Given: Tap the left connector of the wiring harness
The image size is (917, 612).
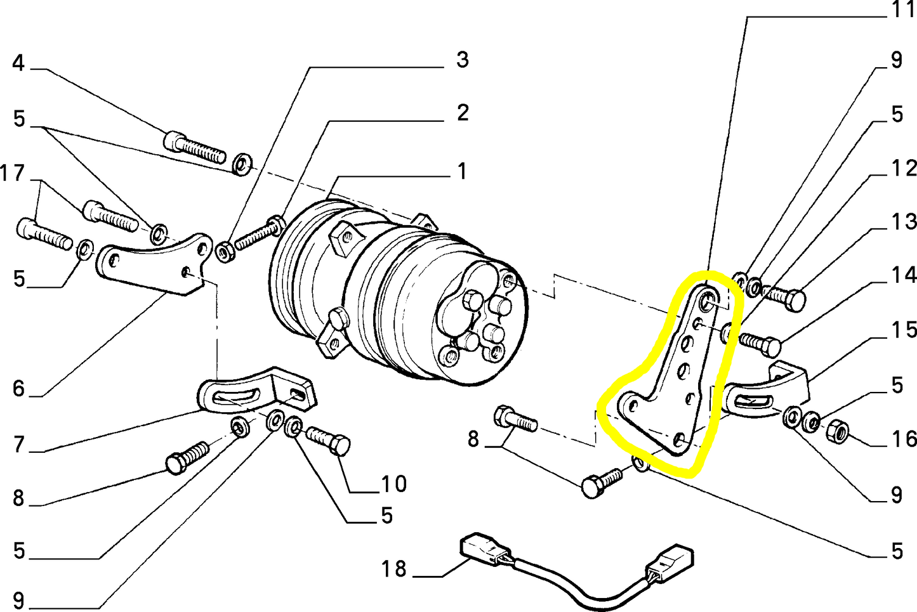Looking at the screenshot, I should coord(480,547).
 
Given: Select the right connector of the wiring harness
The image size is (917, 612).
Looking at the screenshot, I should coord(669,562).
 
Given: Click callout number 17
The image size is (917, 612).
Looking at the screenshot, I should coord(12,173).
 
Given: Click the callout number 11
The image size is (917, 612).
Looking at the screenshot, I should coord(904,10).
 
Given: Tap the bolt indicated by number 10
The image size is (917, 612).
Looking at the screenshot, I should coord(328,439).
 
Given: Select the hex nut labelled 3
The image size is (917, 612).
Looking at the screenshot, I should coord(224,252).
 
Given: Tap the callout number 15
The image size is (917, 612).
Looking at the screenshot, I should coord(904,330).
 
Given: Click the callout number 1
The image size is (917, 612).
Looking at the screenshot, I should coord(462,171).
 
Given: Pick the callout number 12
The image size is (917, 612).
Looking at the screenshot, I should coord(904,168).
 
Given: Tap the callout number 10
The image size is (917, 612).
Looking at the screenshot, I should coord(393,484).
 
